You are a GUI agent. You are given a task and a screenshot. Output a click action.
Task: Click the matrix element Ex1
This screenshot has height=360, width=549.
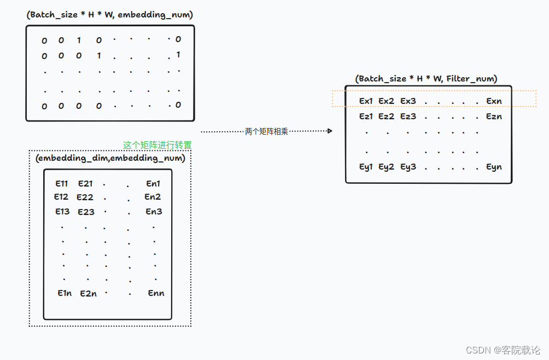click(366, 101)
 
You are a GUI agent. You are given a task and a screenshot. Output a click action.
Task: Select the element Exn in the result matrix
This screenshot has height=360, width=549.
click(494, 101)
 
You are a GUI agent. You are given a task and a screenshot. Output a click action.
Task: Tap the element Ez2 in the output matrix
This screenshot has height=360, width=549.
click(387, 117)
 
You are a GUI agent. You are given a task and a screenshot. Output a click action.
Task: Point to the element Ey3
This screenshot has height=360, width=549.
click(408, 167)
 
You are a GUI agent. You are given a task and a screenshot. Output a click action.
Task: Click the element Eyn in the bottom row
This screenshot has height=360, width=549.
click(494, 167)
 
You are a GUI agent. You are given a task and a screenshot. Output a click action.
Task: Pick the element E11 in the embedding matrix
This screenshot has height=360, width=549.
click(62, 184)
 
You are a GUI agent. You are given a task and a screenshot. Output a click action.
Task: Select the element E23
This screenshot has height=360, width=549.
click(86, 212)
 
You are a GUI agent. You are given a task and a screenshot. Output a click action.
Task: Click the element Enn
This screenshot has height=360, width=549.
click(156, 293)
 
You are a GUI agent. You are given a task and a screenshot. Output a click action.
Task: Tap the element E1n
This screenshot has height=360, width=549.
click(65, 293)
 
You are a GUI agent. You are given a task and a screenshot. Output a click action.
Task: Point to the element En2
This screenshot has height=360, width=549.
click(153, 197)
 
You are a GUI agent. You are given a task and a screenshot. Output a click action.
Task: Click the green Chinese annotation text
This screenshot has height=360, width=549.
click(157, 146)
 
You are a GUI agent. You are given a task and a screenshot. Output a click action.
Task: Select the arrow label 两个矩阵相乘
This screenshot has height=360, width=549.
click(266, 131)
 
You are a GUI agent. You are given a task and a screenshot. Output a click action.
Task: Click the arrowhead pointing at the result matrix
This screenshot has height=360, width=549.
click(330, 131)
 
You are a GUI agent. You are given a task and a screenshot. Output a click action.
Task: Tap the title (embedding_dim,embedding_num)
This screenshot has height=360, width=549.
click(110, 158)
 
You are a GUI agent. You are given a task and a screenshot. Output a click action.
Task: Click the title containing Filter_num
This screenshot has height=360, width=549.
click(426, 79)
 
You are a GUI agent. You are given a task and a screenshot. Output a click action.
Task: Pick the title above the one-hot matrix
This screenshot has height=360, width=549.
click(110, 15)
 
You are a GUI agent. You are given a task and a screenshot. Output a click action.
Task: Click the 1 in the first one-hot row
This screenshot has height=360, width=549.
click(79, 40)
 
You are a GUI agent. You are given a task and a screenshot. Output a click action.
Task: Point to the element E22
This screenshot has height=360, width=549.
click(85, 198)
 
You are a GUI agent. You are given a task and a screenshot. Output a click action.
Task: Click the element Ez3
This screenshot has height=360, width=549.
click(408, 117)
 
